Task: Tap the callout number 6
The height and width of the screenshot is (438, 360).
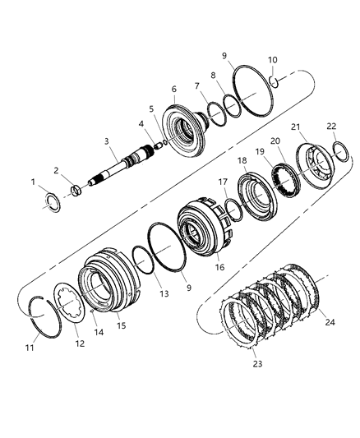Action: (173, 90)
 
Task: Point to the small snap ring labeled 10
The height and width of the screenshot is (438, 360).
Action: (278, 81)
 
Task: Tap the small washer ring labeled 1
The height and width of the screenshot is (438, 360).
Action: (52, 201)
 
